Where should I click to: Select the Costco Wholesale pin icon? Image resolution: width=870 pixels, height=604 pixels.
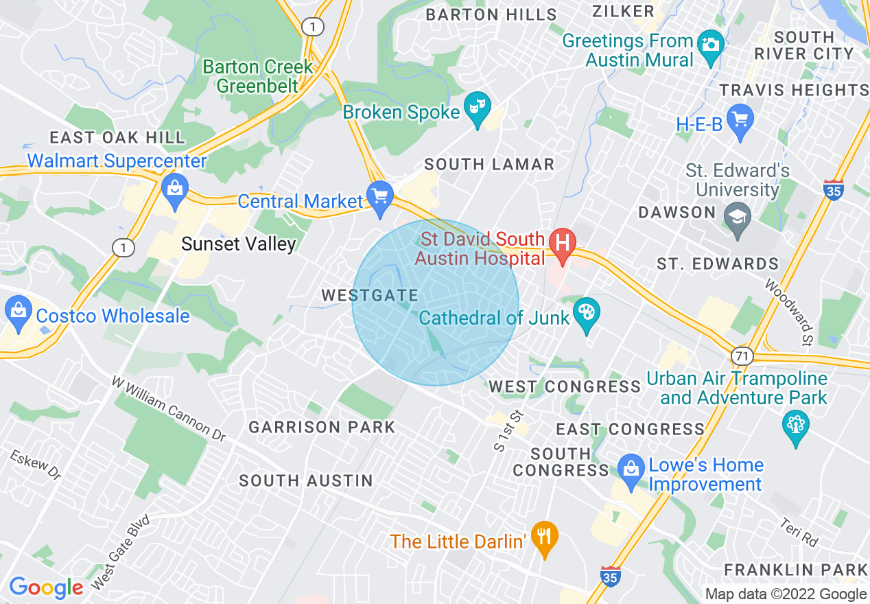tap(19, 314)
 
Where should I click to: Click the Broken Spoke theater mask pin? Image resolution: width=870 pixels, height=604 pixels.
tap(478, 108)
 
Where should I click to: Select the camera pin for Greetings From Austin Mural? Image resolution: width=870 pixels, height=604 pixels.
tap(710, 45)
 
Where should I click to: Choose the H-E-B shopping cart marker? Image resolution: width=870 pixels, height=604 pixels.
tap(740, 121)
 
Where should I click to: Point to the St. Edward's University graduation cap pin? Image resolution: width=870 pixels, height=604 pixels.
tap(738, 218)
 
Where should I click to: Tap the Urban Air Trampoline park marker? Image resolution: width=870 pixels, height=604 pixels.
tap(796, 426)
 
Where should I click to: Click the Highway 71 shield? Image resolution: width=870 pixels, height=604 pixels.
tap(742, 356)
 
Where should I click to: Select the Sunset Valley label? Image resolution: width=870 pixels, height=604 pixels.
tap(238, 244)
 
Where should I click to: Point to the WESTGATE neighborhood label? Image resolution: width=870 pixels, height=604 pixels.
tap(370, 296)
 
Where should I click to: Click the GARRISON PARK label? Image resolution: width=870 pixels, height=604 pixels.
tap(322, 428)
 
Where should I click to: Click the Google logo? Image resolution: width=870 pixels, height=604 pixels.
tap(46, 588)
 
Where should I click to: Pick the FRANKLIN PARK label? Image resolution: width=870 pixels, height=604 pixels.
tap(796, 570)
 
